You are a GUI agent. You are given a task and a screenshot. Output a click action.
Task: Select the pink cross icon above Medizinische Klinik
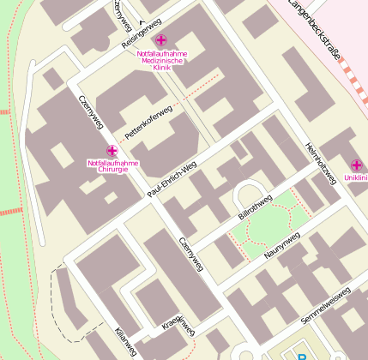pyautogui.click(x=161, y=39)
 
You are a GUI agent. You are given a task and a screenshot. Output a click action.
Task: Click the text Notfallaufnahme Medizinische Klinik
pyautogui.click(x=161, y=60)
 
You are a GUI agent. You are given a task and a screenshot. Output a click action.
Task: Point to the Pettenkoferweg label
pyautogui.click(x=148, y=123)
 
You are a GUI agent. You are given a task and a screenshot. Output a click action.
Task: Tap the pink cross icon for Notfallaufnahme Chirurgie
pyautogui.click(x=112, y=151)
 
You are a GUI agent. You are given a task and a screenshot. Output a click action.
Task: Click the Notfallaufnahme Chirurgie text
pyautogui.click(x=113, y=166)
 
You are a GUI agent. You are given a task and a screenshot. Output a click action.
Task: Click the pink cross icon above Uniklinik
pyautogui.click(x=357, y=165)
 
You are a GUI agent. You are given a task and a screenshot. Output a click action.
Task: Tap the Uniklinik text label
pyautogui.click(x=355, y=178)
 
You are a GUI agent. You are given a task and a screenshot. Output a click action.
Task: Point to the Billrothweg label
pyautogui.click(x=255, y=209)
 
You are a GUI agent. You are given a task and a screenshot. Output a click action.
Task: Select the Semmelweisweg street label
pyautogui.click(x=326, y=306)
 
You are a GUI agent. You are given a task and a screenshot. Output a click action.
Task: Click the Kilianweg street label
pyautogui.click(x=125, y=342)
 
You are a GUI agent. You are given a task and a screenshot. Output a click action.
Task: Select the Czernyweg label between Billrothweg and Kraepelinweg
pyautogui.click(x=191, y=255)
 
